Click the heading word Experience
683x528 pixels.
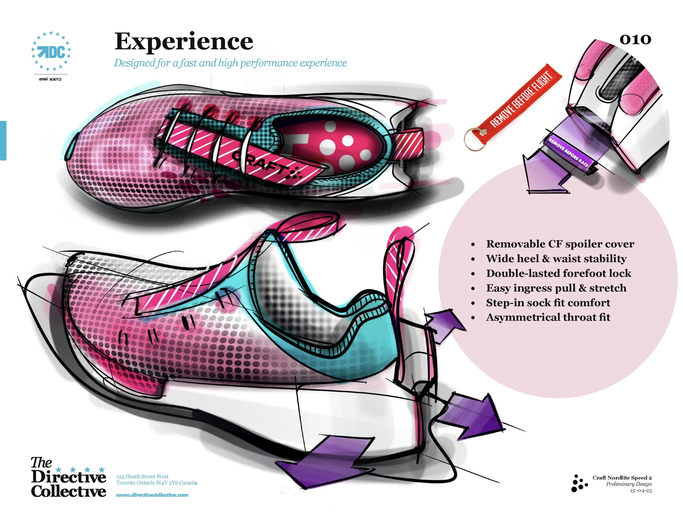pyautogui.click(x=184, y=42)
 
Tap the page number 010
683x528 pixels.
pyautogui.click(x=635, y=39)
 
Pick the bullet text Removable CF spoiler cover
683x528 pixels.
pyautogui.click(x=560, y=244)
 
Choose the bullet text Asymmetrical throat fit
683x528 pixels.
pyautogui.click(x=548, y=318)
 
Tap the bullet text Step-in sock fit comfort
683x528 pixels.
pyautogui.click(x=548, y=303)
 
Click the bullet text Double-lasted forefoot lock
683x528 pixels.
pyautogui.click(x=558, y=273)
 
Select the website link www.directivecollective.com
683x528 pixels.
pyautogui.click(x=152, y=495)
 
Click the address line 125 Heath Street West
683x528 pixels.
pyautogui.click(x=142, y=476)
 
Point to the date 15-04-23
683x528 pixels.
pyautogui.click(x=641, y=491)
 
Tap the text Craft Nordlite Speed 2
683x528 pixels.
pyautogui.click(x=622, y=478)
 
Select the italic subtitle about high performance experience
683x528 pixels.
pyautogui.click(x=230, y=63)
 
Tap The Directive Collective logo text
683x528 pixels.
pyautogui.click(x=68, y=478)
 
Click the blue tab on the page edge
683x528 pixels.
pyautogui.click(x=3, y=140)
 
